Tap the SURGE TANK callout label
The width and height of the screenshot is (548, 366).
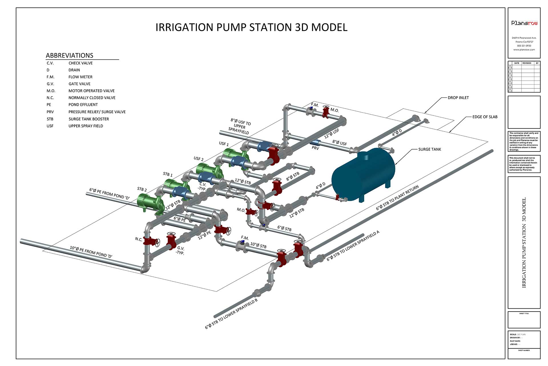tap(429, 149)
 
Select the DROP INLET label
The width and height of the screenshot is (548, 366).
tap(458, 98)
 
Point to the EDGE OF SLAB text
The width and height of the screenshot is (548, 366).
tap(485, 117)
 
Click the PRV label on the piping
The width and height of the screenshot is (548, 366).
tap(315, 148)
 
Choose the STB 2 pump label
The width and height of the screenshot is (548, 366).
tap(142, 189)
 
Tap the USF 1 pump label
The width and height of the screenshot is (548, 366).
tap(224, 143)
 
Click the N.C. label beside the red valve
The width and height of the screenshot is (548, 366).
tap(139, 239)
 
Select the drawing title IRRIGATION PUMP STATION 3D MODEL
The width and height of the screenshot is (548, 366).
tap(251, 27)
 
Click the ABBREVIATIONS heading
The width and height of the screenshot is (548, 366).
tap(70, 55)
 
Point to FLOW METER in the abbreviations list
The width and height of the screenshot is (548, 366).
tap(80, 77)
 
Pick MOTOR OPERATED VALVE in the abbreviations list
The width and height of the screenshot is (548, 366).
tap(91, 91)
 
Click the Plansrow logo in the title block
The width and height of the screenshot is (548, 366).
tap(524, 23)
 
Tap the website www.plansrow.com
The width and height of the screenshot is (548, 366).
tap(524, 50)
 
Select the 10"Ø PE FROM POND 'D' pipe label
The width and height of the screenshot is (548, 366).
tap(91, 252)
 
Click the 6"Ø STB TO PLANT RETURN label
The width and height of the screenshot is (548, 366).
tap(397, 198)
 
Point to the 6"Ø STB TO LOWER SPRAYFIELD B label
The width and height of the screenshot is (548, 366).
tap(231, 314)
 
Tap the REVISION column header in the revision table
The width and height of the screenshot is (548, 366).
tap(527, 63)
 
